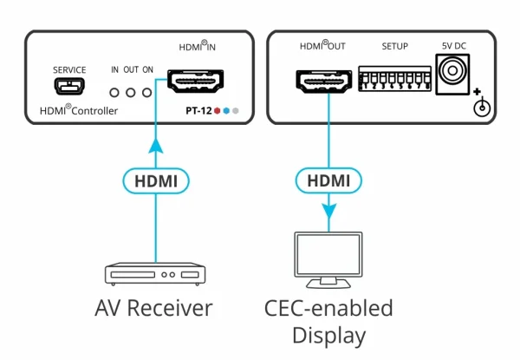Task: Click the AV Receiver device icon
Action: (155, 275)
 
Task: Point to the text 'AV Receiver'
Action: (155, 309)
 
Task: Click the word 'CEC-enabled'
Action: (328, 308)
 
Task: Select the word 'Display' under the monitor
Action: (328, 336)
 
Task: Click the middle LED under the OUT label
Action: (130, 91)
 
